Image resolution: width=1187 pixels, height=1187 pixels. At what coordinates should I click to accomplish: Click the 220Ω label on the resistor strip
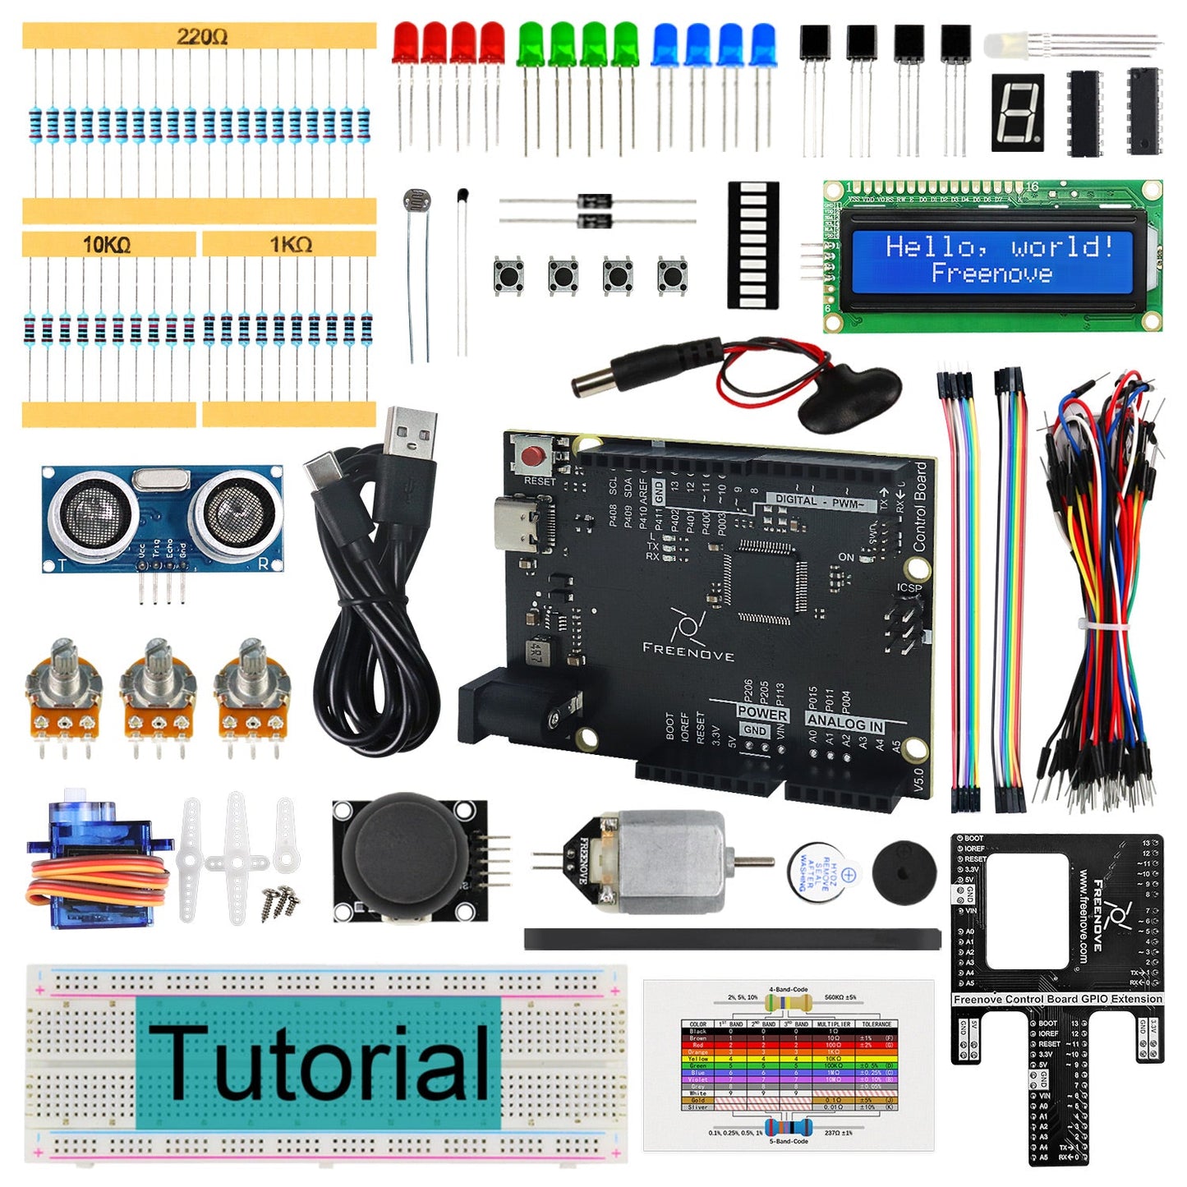tap(201, 37)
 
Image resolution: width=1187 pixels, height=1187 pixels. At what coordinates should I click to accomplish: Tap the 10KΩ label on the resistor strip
tap(106, 245)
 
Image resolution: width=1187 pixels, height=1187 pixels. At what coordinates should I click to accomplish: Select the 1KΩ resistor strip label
tap(290, 245)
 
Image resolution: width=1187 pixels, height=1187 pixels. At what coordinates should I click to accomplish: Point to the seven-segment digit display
tap(1018, 113)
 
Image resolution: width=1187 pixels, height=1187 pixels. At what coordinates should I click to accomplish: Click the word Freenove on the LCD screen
tap(991, 274)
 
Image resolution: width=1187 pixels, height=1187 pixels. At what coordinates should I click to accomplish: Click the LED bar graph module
tap(752, 245)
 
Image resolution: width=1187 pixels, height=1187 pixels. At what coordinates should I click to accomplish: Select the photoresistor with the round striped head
tap(416, 201)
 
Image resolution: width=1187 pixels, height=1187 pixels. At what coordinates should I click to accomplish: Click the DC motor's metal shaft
tap(752, 862)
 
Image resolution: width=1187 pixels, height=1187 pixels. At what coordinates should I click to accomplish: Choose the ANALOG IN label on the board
tap(844, 724)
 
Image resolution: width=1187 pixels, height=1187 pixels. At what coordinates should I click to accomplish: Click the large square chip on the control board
tap(764, 579)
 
